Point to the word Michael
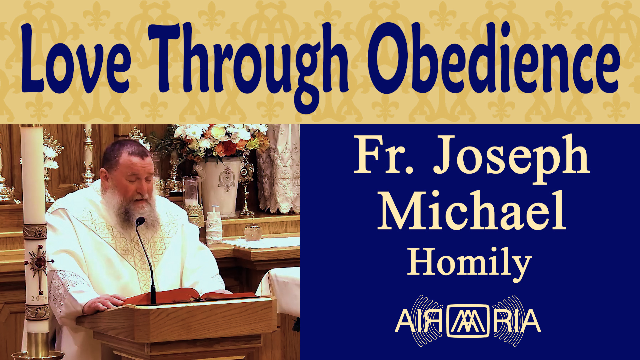tap(472, 210)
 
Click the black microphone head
tap(140, 221)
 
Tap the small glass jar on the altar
tap(253, 231)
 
